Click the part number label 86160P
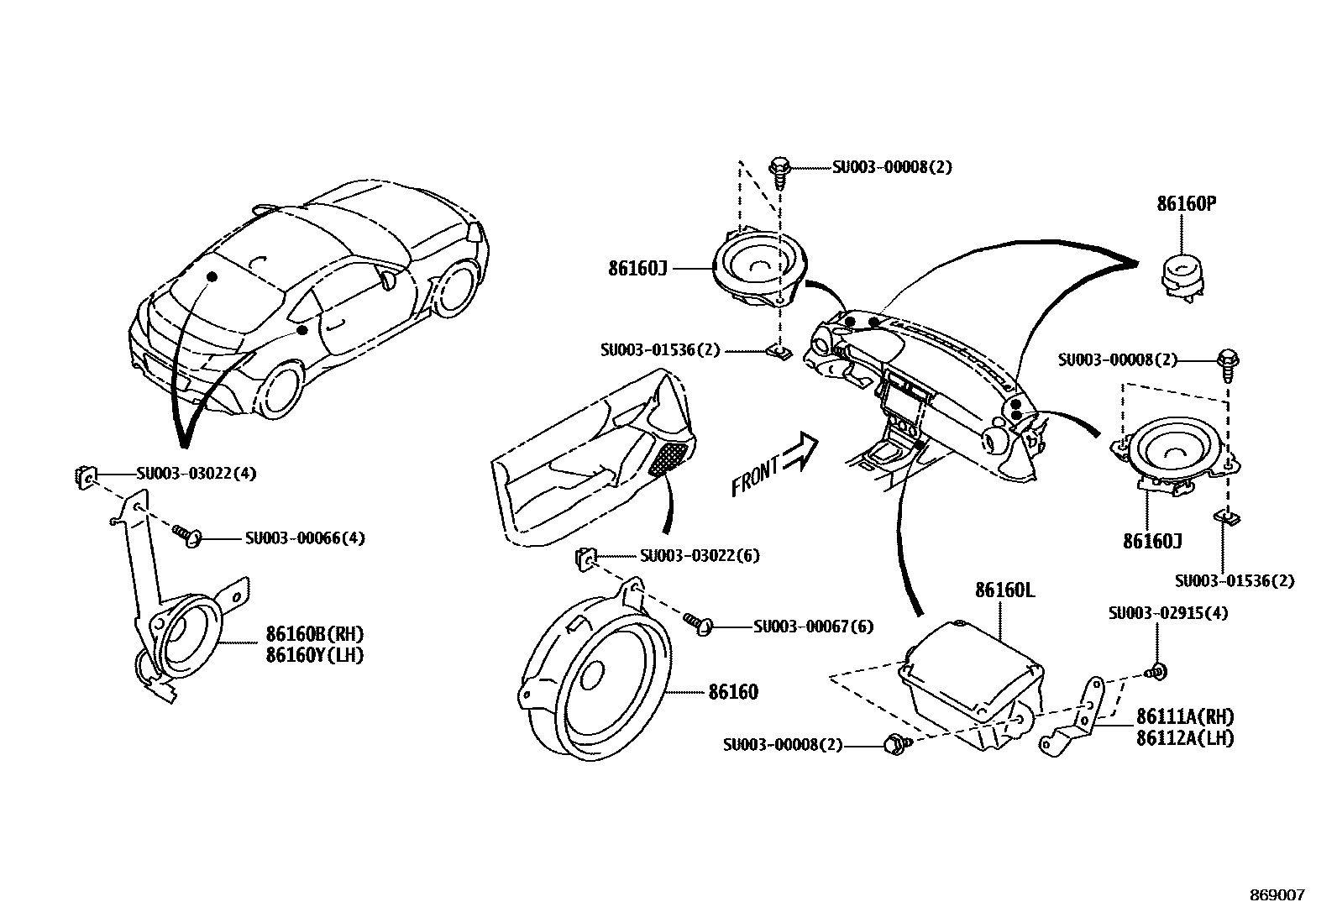pos(1186,204)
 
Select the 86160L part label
pos(1004,590)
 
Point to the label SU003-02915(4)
pos(1167,613)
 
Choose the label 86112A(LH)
pos(1185,738)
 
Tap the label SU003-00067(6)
pos(813,627)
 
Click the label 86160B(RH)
pos(315,634)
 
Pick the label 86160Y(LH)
pos(315,655)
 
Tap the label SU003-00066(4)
pos(305,538)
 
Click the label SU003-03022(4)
pos(197,474)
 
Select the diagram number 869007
pos(1277,895)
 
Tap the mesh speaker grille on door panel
pos(674,458)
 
